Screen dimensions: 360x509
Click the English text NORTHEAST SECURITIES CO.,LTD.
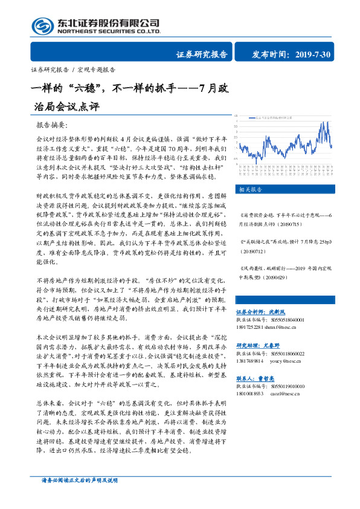click(x=109, y=31)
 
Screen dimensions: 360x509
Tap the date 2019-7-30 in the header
click(x=314, y=54)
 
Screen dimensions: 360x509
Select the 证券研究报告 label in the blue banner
click(x=202, y=54)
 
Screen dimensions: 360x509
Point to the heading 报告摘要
click(x=52, y=125)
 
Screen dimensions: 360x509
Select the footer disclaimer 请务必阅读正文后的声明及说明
click(x=76, y=496)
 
